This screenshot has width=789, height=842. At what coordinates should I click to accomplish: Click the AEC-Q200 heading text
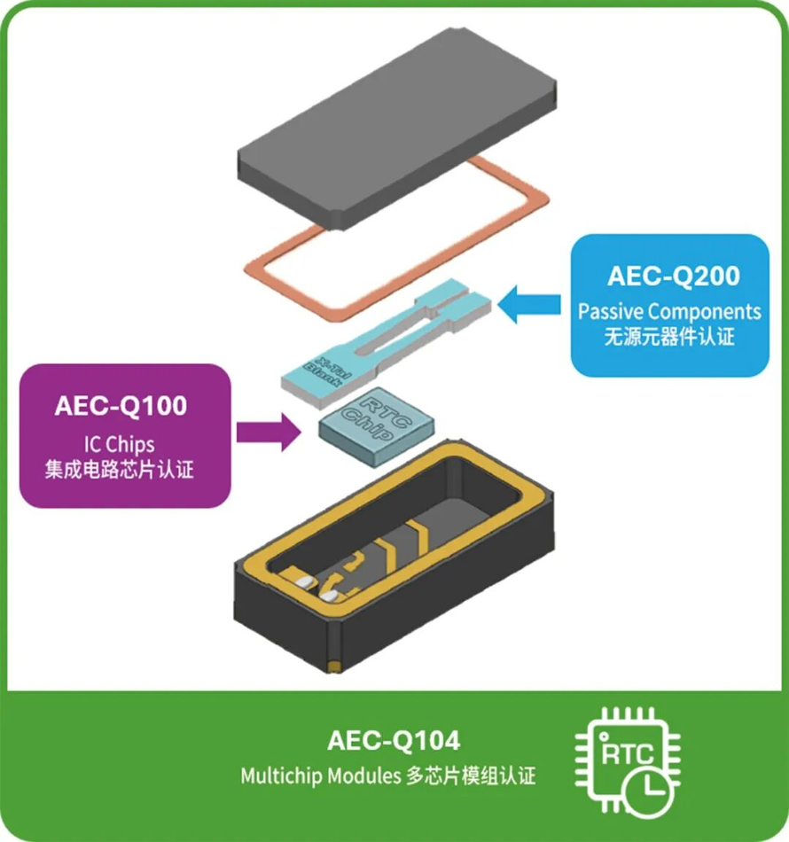coord(674,276)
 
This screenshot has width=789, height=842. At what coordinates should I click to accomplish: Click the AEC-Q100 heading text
coord(121,406)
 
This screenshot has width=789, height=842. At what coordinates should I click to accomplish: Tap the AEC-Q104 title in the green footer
coord(394,740)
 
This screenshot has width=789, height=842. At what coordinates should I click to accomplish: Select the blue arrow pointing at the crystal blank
coord(529,304)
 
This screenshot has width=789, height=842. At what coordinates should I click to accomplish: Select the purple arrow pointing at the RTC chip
coord(269,432)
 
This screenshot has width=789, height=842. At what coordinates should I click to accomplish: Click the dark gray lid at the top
coord(397,129)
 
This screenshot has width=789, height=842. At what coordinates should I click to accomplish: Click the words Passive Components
coord(669,311)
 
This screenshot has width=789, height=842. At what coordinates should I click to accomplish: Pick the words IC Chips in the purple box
coord(119,445)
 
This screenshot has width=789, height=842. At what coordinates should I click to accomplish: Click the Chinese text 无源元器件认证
coord(669,337)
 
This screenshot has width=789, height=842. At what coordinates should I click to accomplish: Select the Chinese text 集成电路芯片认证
coord(119,470)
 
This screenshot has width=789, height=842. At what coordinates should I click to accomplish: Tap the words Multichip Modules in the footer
coord(321,776)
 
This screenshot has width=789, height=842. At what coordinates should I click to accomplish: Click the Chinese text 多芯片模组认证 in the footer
coord(471,776)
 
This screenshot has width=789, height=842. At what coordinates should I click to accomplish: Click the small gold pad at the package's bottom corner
coord(334,666)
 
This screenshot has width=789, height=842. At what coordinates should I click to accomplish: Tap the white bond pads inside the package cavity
coord(316,588)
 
